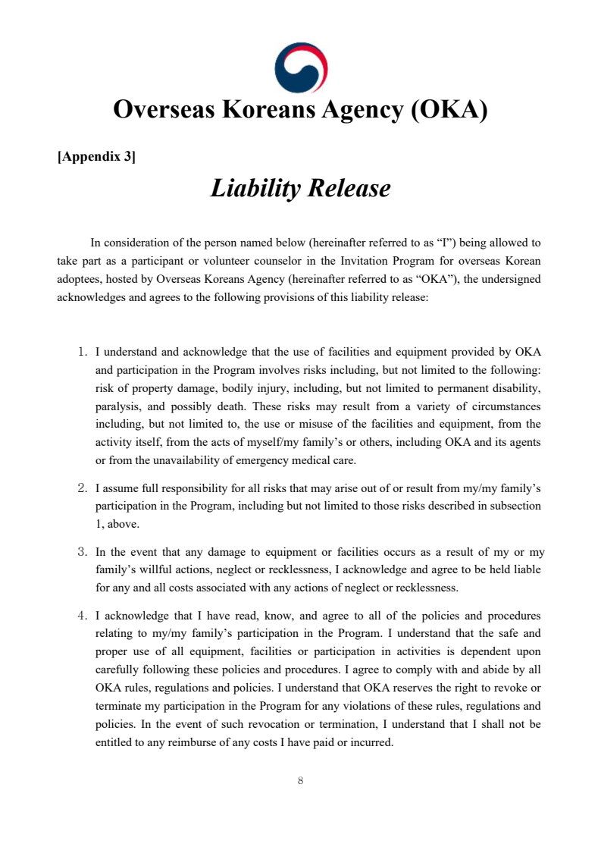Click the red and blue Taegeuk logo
point(300,67)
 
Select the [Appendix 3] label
point(96,157)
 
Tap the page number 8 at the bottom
point(301,780)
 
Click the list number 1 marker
point(83,352)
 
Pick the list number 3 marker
point(83,552)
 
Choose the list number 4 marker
point(83,616)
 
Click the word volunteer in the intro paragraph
point(219,261)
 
